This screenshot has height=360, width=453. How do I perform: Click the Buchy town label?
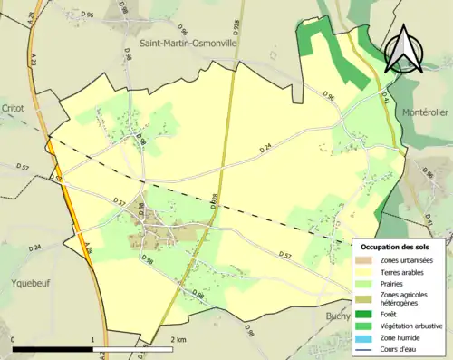tap(339, 316)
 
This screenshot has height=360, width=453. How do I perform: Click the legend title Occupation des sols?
tap(396, 246)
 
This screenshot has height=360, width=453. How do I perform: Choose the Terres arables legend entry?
tap(404, 272)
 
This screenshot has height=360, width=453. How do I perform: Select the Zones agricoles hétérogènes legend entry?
tap(402, 299)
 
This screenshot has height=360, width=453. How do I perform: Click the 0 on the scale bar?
tap(14, 339)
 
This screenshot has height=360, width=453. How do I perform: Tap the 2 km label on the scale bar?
tap(178, 339)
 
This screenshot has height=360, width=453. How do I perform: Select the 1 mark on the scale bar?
tap(93, 339)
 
